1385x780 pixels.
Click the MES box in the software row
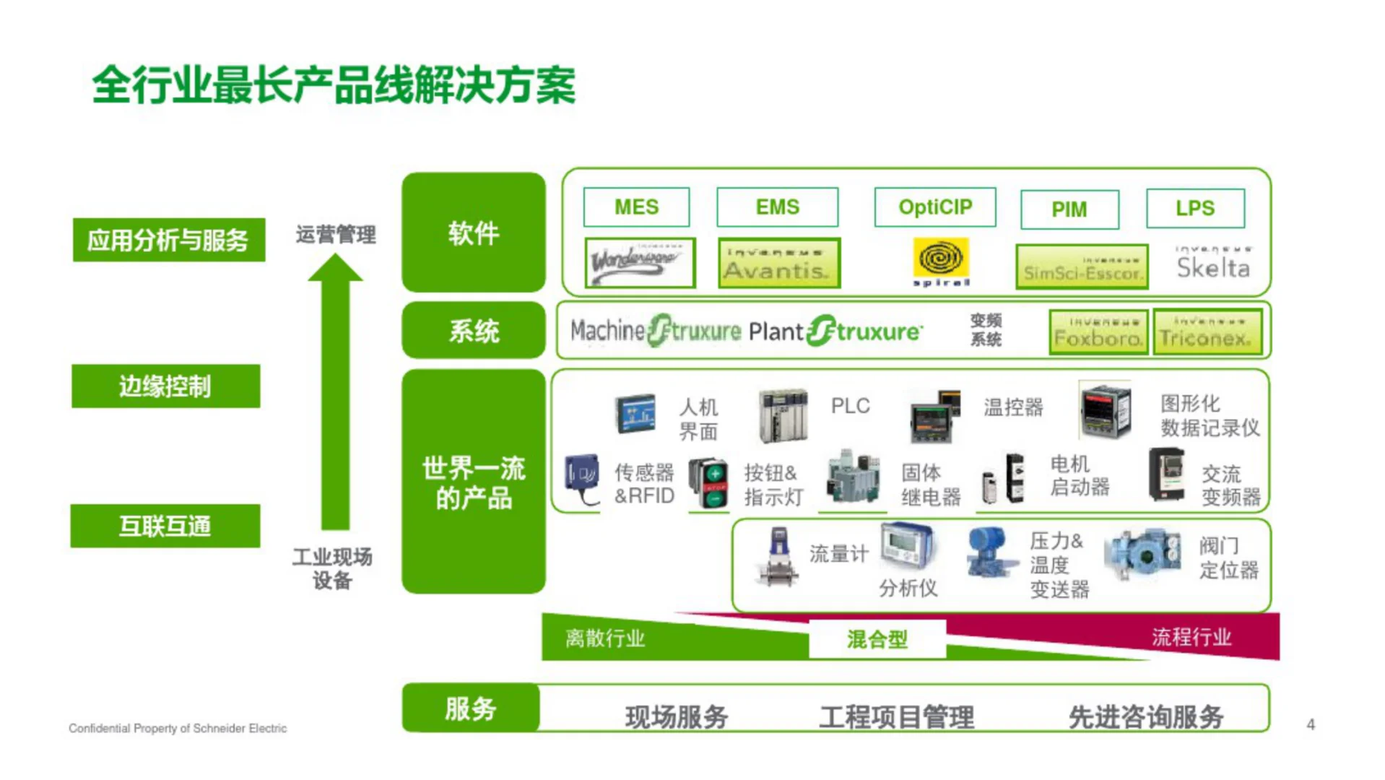[x=636, y=207]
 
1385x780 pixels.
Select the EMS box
[x=777, y=207]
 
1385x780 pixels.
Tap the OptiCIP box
[x=934, y=207]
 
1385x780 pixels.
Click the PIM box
[x=1069, y=209]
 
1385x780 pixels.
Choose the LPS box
[x=1194, y=208]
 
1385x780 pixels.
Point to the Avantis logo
[x=778, y=264]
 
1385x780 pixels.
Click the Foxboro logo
[x=1098, y=332]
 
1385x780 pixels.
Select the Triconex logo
[x=1207, y=332]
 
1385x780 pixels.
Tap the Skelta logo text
[x=1212, y=268]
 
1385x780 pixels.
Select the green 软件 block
[x=473, y=233]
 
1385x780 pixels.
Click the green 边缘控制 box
[x=165, y=386]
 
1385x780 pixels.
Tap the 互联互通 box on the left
[x=165, y=526]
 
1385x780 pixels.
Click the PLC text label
[x=850, y=406]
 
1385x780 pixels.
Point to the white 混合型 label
[x=877, y=639]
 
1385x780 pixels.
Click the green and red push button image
[x=708, y=482]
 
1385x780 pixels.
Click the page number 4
[x=1310, y=724]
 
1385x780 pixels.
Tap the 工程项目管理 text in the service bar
[x=896, y=717]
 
